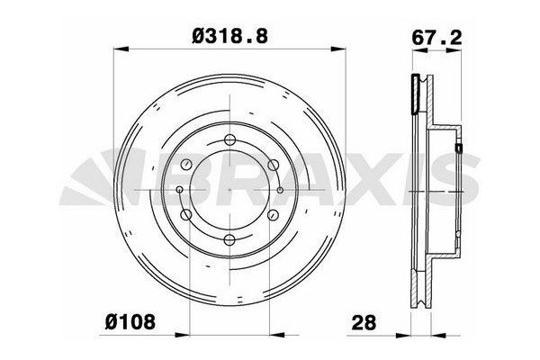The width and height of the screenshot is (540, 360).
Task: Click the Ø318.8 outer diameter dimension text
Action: pos(229,35)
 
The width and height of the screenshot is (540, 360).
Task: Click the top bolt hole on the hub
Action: pos(229,139)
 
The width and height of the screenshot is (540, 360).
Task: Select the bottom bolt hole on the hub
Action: pos(229,239)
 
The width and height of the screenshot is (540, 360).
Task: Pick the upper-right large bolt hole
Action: pos(272,165)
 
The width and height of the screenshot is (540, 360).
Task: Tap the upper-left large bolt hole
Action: pos(187,165)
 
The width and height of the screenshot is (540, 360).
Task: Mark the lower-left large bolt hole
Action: pos(187,214)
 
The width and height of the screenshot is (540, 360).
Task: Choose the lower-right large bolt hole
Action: pos(272,214)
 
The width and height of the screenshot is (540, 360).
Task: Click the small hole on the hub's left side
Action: pos(180,190)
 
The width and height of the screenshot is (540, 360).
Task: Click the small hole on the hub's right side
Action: pos(280,190)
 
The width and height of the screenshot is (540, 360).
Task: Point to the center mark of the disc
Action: pos(229,190)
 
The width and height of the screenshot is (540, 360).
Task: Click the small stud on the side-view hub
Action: pos(457,148)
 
